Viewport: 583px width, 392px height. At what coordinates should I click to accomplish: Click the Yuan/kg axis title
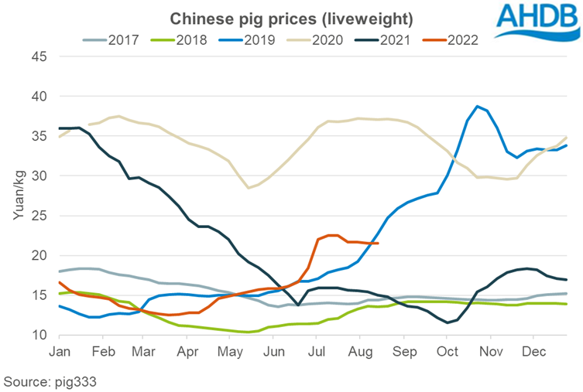[x=18, y=196]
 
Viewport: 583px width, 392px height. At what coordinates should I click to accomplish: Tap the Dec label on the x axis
[x=533, y=351]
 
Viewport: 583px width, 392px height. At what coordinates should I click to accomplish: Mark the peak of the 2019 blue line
[x=478, y=106]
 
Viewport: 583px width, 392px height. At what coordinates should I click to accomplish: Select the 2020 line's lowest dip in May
[x=249, y=188]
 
